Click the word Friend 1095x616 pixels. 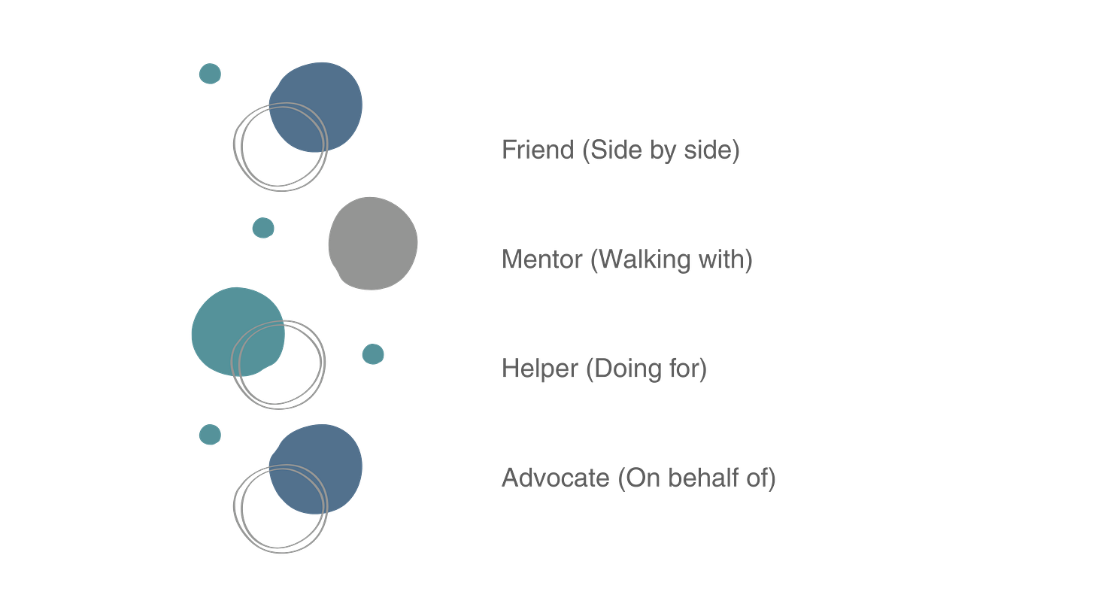(537, 150)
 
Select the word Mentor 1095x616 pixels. (541, 259)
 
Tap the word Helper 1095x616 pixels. (539, 369)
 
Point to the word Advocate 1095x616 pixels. (555, 478)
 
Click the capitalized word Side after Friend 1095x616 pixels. (608, 150)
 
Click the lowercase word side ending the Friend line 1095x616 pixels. (710, 150)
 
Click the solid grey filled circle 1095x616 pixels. (373, 243)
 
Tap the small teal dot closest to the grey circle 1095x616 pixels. (263, 227)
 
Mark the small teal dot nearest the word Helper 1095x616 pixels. (373, 354)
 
